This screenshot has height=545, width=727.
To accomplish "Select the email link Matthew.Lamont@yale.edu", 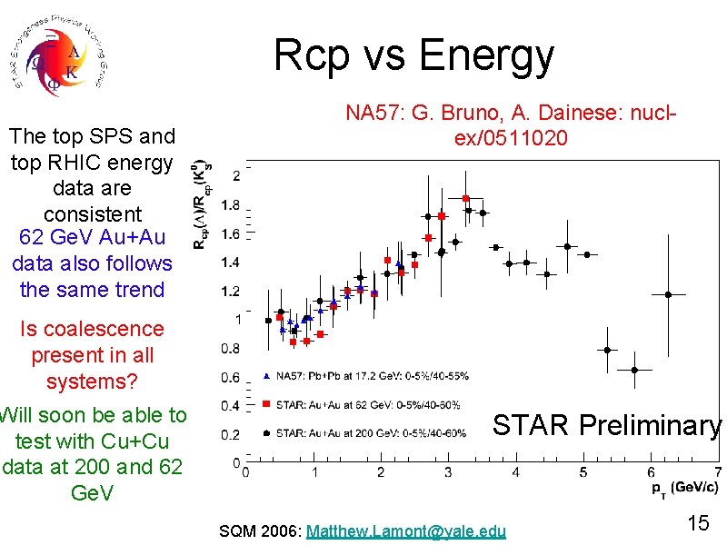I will click(x=406, y=530).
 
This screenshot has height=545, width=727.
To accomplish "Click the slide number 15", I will click(x=698, y=525).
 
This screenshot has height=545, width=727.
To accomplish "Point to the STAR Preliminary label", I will click(x=606, y=424).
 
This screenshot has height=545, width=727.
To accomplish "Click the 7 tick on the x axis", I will click(x=718, y=471).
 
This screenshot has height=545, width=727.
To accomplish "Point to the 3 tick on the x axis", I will click(x=448, y=471).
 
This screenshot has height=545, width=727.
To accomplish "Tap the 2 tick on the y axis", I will click(x=236, y=174).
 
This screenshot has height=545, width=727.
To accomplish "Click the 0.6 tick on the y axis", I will click(x=232, y=377).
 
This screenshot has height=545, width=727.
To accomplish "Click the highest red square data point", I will click(x=465, y=198).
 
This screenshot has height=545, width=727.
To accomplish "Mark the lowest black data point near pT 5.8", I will click(x=635, y=370).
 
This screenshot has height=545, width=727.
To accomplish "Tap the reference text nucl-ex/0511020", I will click(x=513, y=138).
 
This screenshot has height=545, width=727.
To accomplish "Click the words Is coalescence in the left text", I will click(x=92, y=329).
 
